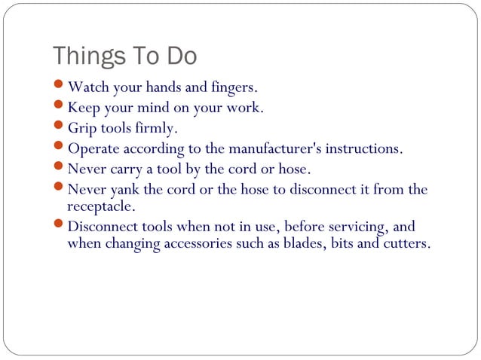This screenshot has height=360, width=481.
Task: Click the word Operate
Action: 93,148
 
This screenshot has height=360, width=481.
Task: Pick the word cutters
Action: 405,243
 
